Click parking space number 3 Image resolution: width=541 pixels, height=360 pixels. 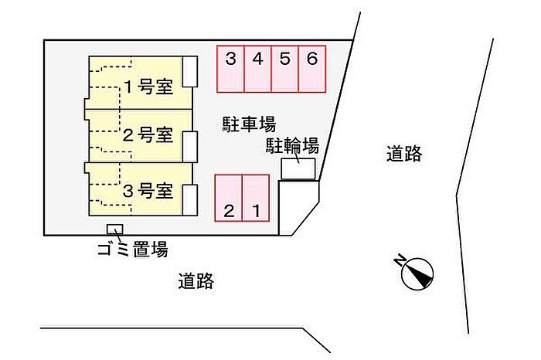click(231, 70)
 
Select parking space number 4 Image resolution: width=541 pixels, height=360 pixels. click(258, 70)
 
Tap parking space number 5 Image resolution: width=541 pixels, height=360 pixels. click(285, 70)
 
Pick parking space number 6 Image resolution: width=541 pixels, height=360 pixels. click(312, 70)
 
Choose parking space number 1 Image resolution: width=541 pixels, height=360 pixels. click(256, 198)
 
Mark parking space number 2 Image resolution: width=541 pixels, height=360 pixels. click(229, 198)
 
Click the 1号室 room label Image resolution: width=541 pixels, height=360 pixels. click(148, 87)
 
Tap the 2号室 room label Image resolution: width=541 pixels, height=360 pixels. click(148, 135)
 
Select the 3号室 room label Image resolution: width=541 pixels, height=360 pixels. click(148, 191)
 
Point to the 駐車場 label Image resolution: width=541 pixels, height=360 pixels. click(249, 124)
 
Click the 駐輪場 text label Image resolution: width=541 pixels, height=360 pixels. click(292, 146)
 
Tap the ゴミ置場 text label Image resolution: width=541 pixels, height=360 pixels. click(133, 249)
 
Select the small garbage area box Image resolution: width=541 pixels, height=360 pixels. click(115, 229)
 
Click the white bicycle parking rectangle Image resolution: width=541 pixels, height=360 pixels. click(298, 169)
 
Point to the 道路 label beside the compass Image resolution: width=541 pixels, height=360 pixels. click(404, 154)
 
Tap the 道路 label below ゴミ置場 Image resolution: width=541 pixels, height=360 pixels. click(196, 281)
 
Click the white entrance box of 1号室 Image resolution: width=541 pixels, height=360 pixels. click(190, 72)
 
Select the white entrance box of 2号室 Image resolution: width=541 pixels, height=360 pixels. click(190, 147)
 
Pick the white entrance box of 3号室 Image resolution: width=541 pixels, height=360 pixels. click(190, 200)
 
